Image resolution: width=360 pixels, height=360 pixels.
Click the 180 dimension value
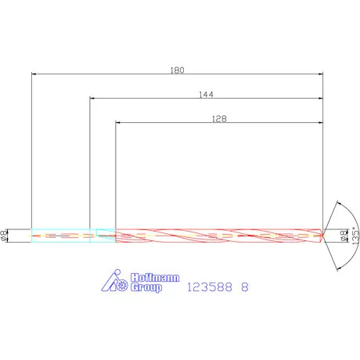[177, 70]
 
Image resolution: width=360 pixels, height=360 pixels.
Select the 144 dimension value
[207, 94]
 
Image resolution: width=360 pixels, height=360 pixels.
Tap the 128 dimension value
[219, 119]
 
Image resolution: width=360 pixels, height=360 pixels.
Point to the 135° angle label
[354, 234]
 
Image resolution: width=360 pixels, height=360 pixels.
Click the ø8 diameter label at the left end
[6, 234]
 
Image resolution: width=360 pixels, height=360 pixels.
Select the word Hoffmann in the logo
[144, 277]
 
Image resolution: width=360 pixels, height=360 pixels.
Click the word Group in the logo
[143, 288]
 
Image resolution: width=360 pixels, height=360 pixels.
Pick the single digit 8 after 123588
[245, 287]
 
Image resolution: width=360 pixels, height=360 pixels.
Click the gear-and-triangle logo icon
[116, 282]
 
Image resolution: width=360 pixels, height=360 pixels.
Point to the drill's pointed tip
[322, 234]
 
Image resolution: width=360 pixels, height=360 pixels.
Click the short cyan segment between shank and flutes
[103, 234]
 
